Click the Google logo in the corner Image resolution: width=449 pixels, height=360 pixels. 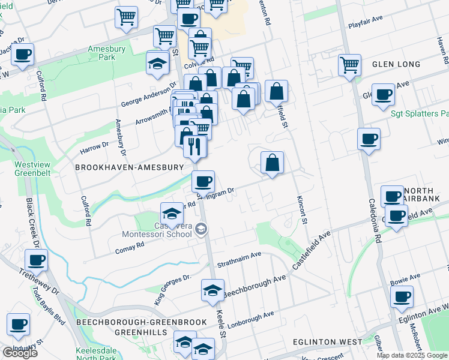(20, 352)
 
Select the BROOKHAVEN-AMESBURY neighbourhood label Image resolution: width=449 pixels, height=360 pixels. (128, 167)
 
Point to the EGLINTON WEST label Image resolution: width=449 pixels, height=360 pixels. (327, 342)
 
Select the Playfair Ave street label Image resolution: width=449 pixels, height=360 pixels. (366, 26)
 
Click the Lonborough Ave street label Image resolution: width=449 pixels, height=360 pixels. (251, 316)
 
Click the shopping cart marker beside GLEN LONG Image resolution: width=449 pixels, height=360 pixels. (349, 64)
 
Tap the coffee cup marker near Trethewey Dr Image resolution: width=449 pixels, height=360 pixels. (37, 260)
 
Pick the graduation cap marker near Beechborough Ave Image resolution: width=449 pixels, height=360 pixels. (212, 290)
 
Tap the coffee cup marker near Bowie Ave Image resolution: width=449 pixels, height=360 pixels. (402, 296)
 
